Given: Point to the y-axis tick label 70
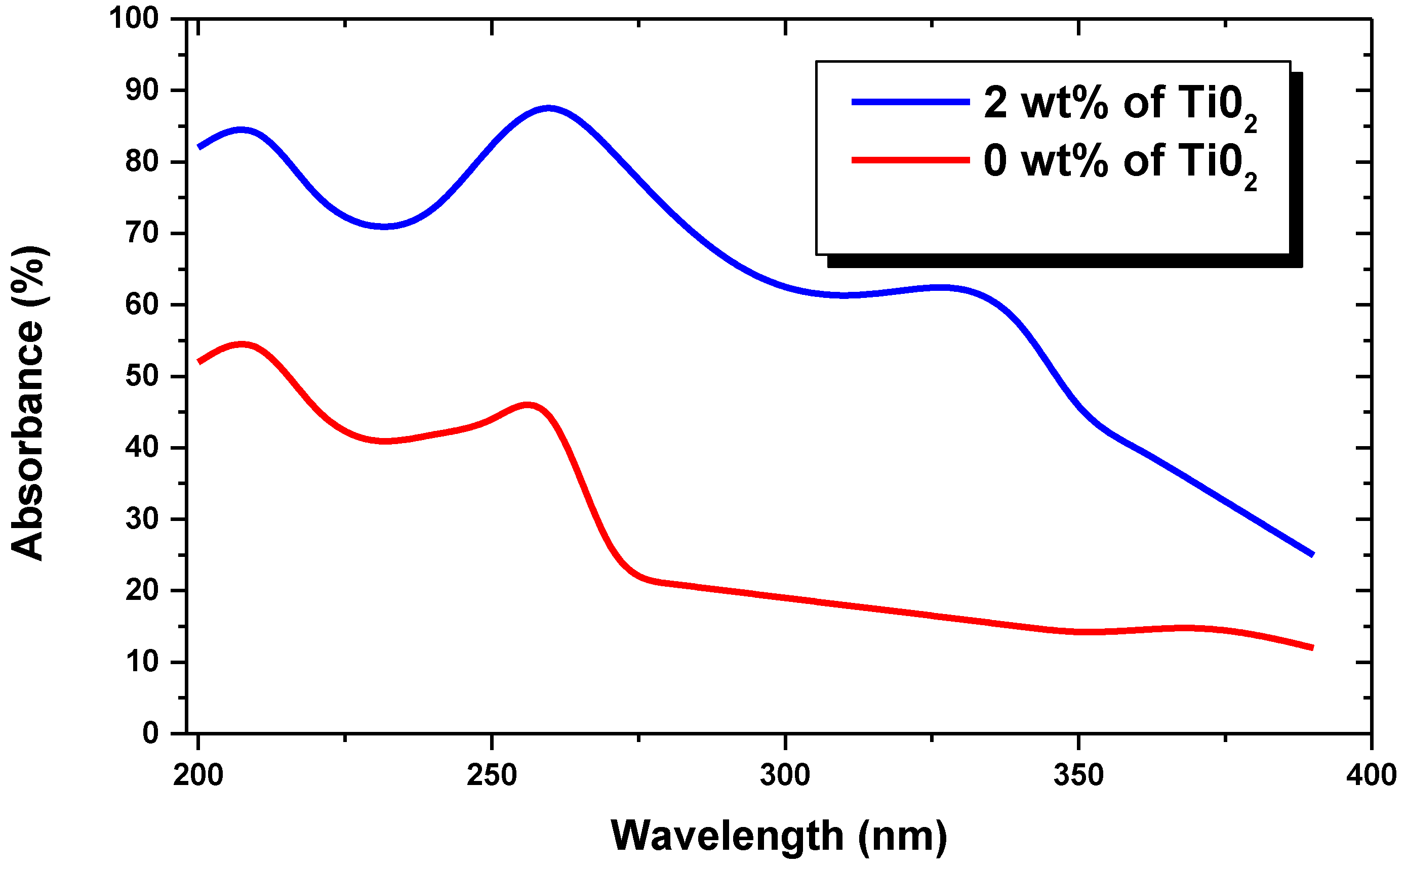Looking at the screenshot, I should (142, 233).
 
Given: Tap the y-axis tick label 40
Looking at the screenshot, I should (142, 448).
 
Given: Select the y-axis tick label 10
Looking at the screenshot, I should (142, 662).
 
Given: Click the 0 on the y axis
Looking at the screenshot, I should (150, 733).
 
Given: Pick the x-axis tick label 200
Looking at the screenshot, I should (198, 775).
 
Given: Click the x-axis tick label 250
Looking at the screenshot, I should (491, 775).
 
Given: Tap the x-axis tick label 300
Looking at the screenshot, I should (785, 775).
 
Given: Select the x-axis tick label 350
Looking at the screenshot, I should (1078, 775).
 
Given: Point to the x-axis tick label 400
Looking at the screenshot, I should (1371, 775).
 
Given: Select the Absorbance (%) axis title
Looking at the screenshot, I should (28, 403).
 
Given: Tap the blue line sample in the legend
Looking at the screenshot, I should (910, 102).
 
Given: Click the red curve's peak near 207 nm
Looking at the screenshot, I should (242, 345).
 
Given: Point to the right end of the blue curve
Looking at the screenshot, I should (1312, 555).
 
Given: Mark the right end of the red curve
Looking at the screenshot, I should (1312, 648).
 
